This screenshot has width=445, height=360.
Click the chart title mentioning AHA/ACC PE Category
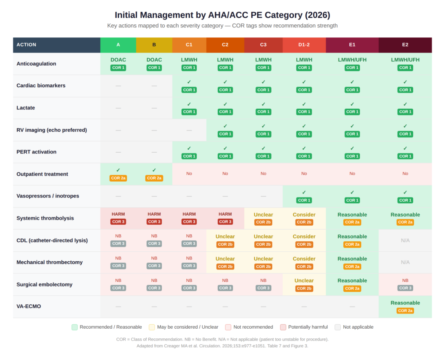222,15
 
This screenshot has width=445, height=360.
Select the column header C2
225,45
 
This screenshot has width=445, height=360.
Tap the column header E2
405,45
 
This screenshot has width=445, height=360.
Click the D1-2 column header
304,45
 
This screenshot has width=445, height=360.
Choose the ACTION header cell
56,45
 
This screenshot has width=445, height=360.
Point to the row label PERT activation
37,152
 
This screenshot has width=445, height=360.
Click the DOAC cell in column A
118,63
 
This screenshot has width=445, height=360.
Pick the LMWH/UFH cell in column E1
352,63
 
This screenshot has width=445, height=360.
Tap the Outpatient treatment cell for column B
154,174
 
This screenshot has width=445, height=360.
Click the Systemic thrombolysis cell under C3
263,218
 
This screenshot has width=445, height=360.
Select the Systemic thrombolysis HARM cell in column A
118,218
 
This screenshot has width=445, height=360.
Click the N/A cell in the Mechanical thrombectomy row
405,262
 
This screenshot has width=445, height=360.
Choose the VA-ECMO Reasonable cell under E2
405,307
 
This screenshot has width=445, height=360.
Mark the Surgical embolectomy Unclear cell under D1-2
304,284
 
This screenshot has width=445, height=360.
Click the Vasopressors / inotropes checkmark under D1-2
304,196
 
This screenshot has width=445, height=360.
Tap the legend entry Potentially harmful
304,327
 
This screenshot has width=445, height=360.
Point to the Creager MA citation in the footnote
222,346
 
